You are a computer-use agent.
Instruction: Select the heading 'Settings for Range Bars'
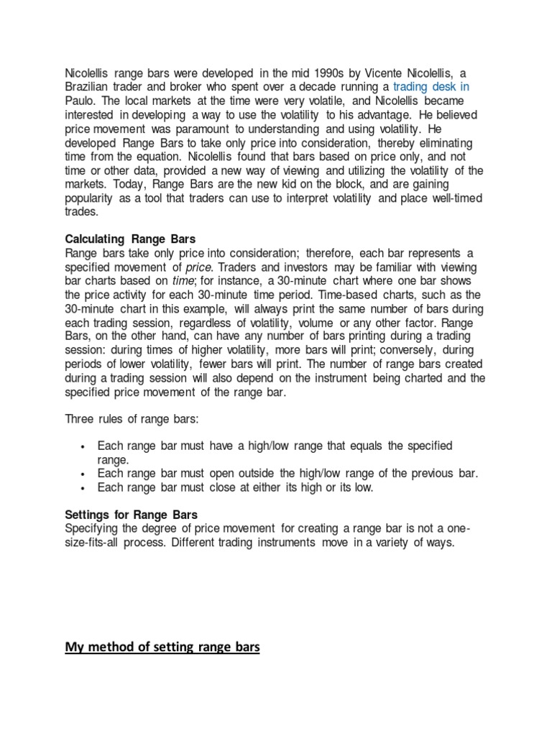tap(131, 515)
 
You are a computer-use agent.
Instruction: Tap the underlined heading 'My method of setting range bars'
tap(162, 648)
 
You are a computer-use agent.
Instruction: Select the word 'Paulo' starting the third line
tap(79, 100)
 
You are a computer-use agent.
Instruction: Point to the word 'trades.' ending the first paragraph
tap(83, 211)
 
